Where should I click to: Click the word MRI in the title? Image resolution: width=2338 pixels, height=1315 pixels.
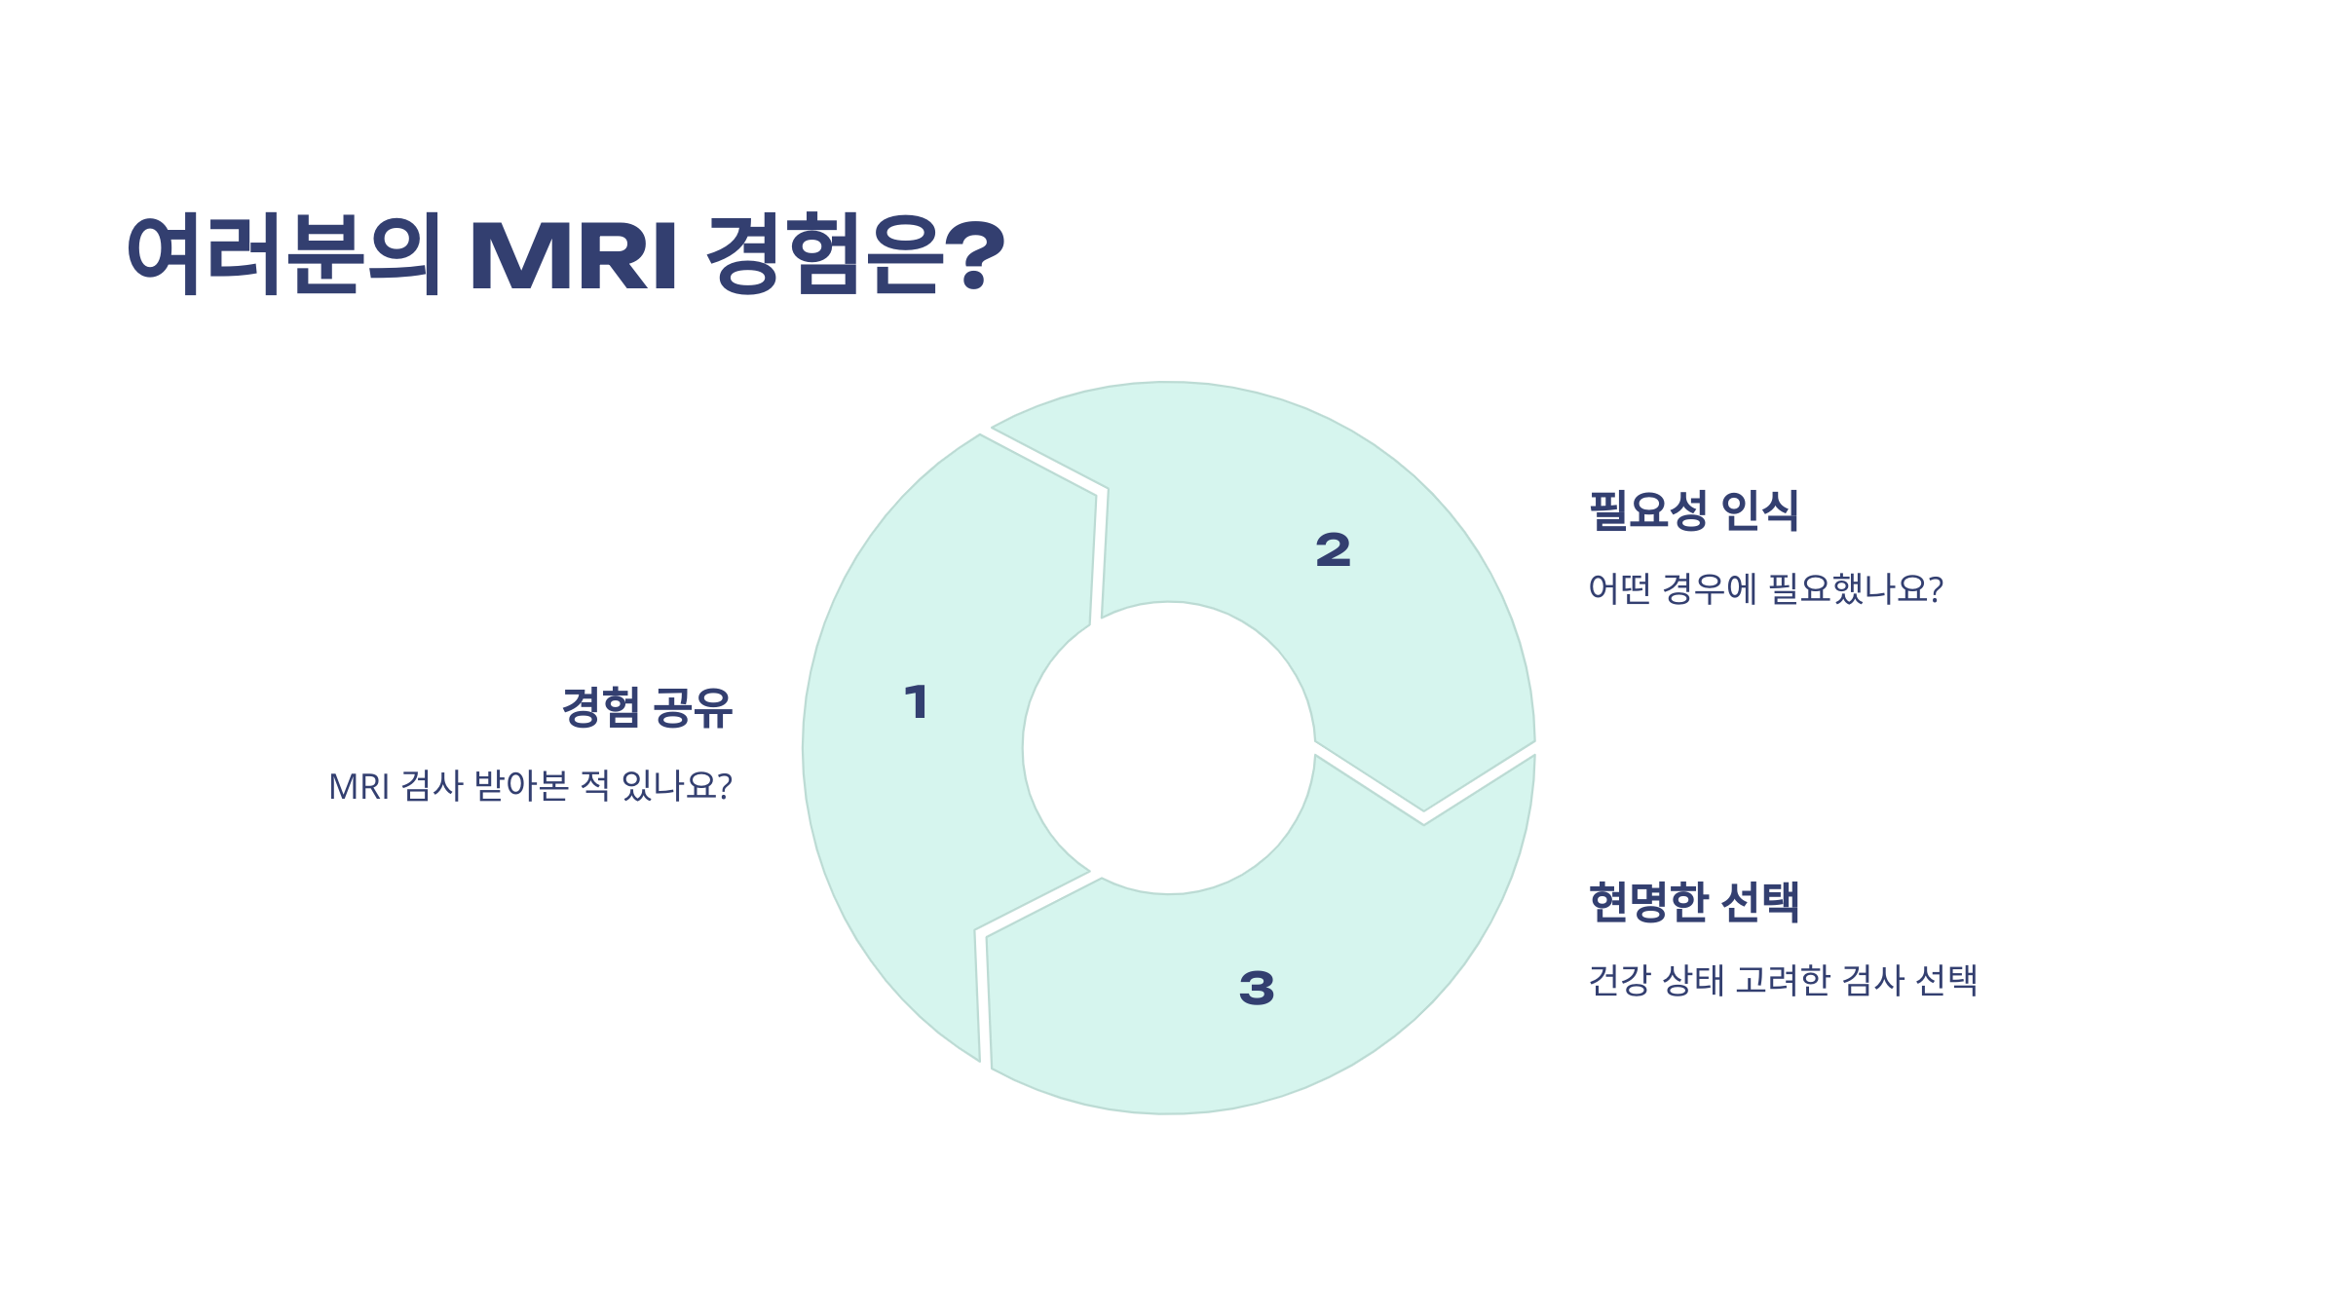(573, 256)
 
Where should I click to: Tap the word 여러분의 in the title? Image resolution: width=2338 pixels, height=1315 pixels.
(283, 254)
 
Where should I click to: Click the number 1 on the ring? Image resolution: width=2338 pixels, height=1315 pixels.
(916, 702)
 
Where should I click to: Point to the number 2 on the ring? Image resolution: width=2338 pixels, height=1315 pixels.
(1333, 550)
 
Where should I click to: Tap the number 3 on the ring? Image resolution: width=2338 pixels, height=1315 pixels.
(1257, 988)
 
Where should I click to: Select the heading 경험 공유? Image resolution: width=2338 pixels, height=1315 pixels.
(647, 708)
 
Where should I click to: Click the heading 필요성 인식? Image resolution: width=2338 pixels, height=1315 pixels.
(1693, 510)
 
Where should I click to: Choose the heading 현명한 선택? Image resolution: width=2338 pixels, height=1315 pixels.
(1693, 902)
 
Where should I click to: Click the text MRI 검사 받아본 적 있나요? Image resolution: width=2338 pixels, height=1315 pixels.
(530, 786)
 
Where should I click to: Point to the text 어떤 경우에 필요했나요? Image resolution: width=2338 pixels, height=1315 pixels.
(1765, 588)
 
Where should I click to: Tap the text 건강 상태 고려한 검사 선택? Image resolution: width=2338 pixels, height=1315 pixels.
(1783, 980)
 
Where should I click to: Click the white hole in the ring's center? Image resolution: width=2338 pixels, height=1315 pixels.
(1169, 748)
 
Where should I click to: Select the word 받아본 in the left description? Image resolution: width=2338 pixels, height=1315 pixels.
(521, 786)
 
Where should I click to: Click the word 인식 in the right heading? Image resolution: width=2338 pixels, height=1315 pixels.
(1759, 510)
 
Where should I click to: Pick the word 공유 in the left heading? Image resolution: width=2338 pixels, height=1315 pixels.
(693, 708)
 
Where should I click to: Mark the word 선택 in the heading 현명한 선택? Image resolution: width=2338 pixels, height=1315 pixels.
(1759, 902)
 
